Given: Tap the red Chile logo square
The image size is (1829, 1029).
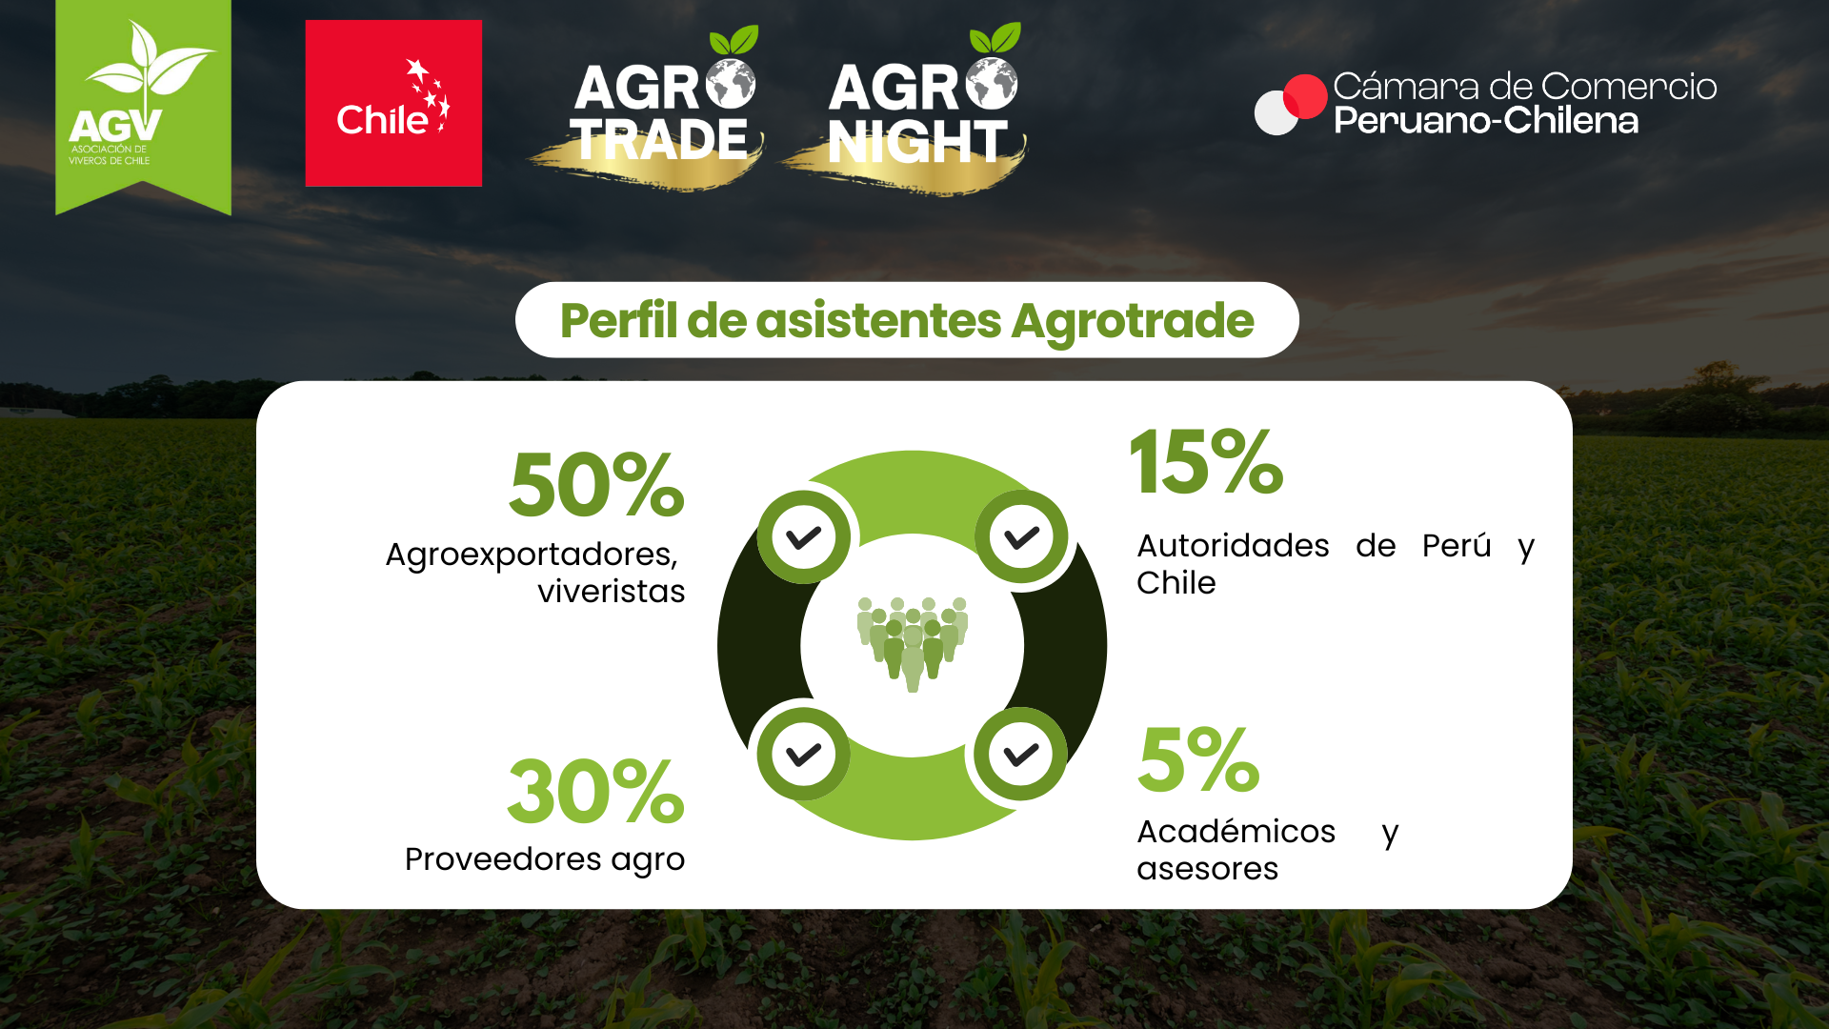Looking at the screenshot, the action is [x=393, y=103].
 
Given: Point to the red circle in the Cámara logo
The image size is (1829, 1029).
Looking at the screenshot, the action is [x=1305, y=96].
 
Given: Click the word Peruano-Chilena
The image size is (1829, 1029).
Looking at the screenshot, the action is [x=1486, y=121].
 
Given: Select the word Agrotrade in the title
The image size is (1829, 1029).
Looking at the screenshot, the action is [x=1133, y=321].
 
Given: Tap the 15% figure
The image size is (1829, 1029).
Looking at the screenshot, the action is [x=1207, y=462].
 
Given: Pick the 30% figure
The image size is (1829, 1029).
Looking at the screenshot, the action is [x=595, y=792].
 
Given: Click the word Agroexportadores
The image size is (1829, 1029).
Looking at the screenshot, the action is [x=532, y=555].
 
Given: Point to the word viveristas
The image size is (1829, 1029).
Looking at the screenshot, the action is [x=612, y=592].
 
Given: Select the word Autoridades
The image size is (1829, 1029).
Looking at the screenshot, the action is [x=1233, y=546].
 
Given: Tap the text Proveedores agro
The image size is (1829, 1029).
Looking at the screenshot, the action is [x=545, y=860].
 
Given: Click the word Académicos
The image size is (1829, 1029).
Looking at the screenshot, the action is [x=1236, y=832].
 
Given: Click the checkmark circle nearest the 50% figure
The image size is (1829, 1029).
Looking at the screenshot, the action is [x=804, y=537].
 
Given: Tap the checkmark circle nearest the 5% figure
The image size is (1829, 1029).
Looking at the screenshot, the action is [x=1020, y=755].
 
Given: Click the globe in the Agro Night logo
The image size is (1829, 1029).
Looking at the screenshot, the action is [x=992, y=83].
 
